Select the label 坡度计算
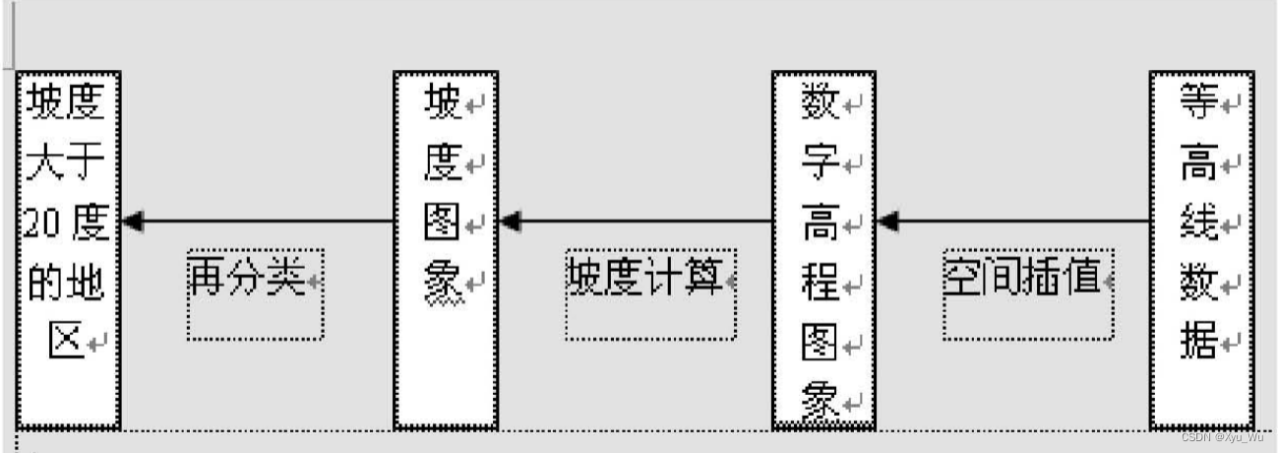tap(643, 281)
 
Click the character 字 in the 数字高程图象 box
tap(819, 162)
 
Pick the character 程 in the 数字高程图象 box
tap(819, 286)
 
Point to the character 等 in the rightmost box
tap(1199, 102)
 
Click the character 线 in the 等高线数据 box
tap(1199, 225)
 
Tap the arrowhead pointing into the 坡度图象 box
tap(510, 222)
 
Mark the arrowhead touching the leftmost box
tap(132, 222)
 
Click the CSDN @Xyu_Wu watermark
tap(1222, 437)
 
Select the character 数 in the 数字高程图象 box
tap(819, 102)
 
